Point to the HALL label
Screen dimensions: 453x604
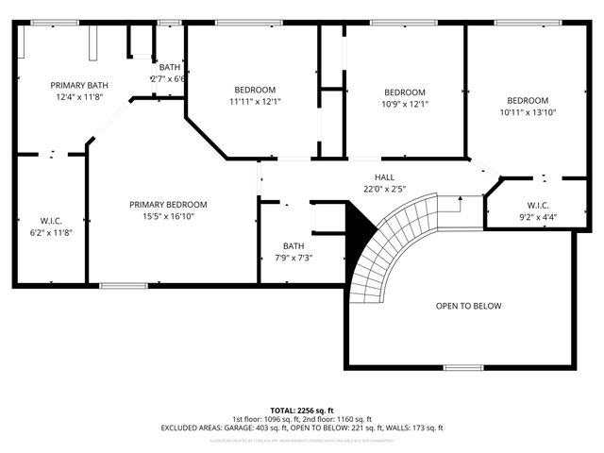(x=384, y=176)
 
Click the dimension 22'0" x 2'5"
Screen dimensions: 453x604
(x=384, y=188)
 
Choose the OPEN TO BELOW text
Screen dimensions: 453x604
(x=468, y=306)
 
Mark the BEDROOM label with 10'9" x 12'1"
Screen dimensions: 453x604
(x=405, y=92)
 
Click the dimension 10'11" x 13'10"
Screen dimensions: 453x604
(x=528, y=112)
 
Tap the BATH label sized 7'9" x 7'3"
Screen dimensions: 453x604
(x=294, y=246)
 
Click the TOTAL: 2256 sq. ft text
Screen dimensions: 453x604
(x=301, y=411)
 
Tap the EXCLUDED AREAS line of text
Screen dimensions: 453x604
(x=301, y=428)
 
